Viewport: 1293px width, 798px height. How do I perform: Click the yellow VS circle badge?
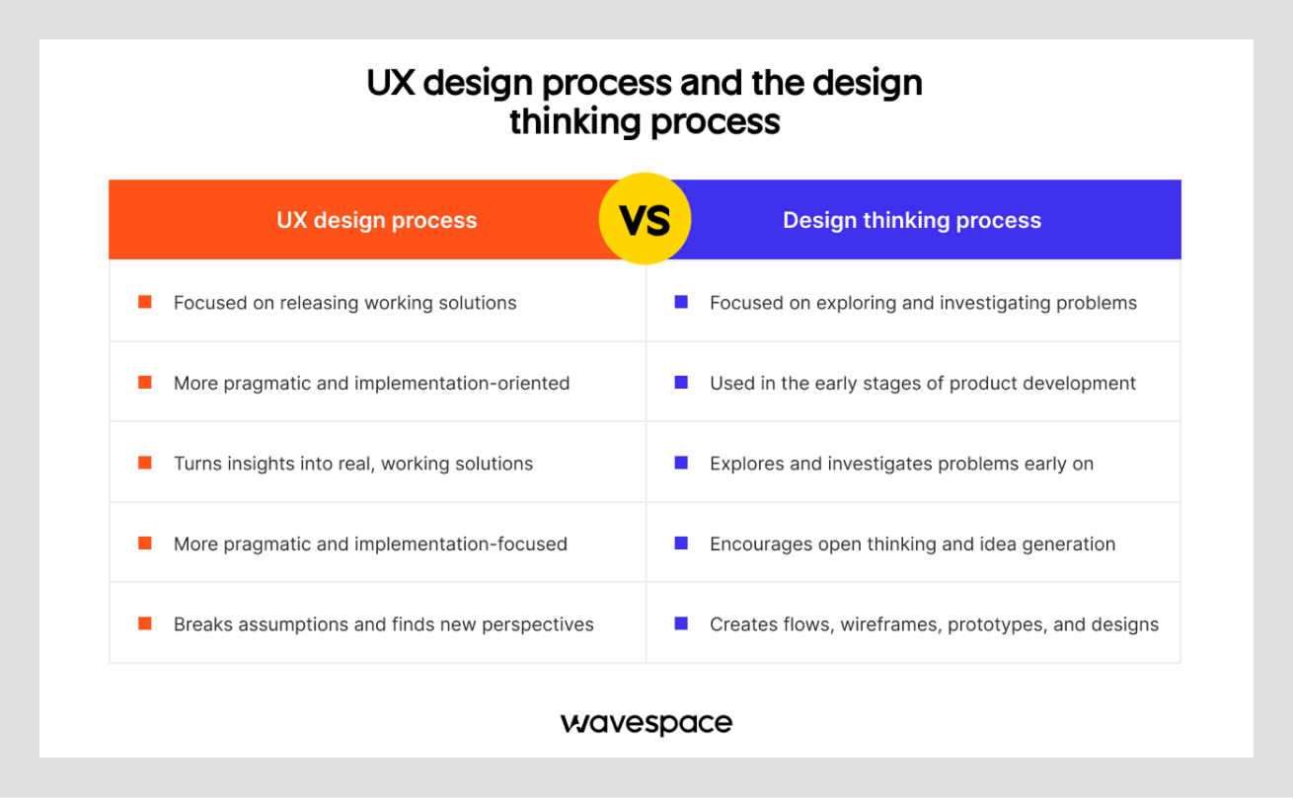click(x=645, y=219)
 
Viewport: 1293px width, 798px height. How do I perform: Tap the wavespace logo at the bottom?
click(x=646, y=723)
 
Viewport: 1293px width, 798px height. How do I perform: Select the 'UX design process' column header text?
click(x=376, y=220)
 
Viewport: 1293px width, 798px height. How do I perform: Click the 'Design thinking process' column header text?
click(x=912, y=220)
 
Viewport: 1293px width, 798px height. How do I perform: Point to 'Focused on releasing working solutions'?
click(x=344, y=303)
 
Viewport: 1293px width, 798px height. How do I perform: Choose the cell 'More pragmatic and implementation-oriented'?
click(x=371, y=383)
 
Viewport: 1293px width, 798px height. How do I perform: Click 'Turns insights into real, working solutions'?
click(x=353, y=464)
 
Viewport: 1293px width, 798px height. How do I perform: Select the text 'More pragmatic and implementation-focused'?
click(x=370, y=544)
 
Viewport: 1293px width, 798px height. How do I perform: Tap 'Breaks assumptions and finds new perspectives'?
click(x=383, y=624)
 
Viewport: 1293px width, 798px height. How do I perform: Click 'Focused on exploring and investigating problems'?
click(x=923, y=303)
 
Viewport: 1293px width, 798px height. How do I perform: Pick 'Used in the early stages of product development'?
click(x=923, y=383)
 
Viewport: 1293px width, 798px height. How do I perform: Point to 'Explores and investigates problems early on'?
click(x=901, y=464)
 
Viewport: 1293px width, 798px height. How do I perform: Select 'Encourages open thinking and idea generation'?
click(x=912, y=544)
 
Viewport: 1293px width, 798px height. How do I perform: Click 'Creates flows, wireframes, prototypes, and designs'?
click(x=934, y=624)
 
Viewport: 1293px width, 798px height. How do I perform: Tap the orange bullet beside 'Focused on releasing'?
click(x=145, y=302)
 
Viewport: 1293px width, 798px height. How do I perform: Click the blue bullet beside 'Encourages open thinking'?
click(x=681, y=544)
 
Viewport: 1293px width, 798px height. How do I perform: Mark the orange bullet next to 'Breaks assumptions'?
click(x=145, y=623)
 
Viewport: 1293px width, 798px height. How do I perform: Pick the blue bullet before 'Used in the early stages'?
click(x=681, y=383)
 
